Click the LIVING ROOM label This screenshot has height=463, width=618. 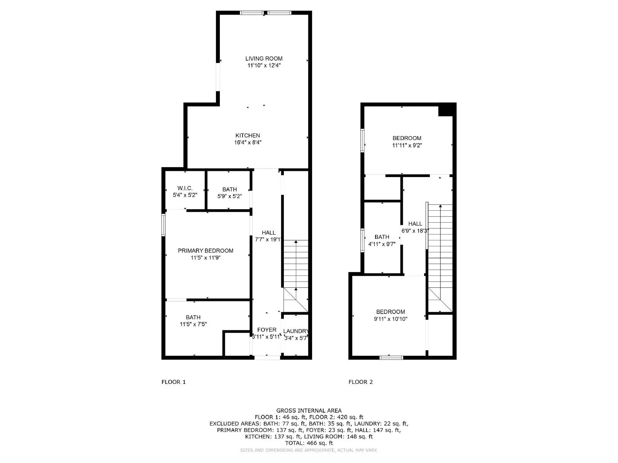point(264,59)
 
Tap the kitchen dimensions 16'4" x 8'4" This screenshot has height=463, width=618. point(248,142)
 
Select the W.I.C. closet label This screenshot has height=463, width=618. point(185,188)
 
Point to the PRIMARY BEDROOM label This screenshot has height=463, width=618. point(205,251)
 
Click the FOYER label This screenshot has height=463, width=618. point(267,330)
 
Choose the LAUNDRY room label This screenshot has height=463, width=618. point(295,331)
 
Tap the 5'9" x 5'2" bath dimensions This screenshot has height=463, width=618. point(229,196)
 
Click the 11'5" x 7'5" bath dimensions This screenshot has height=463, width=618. point(193,324)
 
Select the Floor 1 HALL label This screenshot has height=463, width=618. point(268,233)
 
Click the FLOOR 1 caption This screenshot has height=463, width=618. point(173,382)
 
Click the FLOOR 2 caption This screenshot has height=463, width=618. point(360,382)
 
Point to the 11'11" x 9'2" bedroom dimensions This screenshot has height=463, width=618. point(407,145)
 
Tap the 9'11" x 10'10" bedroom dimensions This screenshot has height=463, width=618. point(390,319)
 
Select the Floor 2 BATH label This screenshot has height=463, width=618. point(382,237)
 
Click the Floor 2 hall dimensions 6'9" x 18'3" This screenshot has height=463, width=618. point(415,231)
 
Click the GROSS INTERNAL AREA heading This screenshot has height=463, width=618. point(309,411)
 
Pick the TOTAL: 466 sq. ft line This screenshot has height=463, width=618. point(309,443)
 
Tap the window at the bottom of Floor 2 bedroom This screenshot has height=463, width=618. point(391,358)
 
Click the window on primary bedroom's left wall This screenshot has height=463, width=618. point(163,225)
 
